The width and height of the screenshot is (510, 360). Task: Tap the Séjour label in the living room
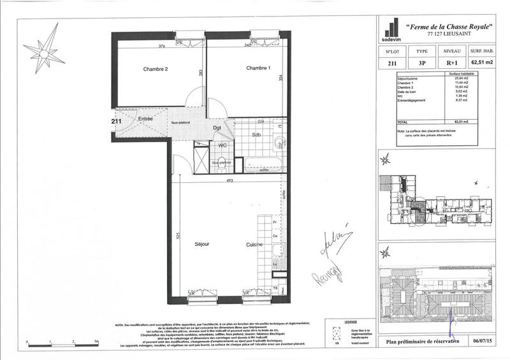coord(201,244)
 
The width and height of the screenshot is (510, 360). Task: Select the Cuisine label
coord(256,244)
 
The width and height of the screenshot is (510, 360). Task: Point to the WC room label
coord(222,145)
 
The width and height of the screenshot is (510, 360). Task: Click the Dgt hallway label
coord(217,127)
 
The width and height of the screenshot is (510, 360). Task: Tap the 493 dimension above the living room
coord(229,180)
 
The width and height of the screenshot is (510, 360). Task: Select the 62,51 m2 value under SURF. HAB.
coord(483,63)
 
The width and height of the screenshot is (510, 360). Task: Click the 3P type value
coord(422,63)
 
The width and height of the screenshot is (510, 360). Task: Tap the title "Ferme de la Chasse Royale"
coord(448,27)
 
